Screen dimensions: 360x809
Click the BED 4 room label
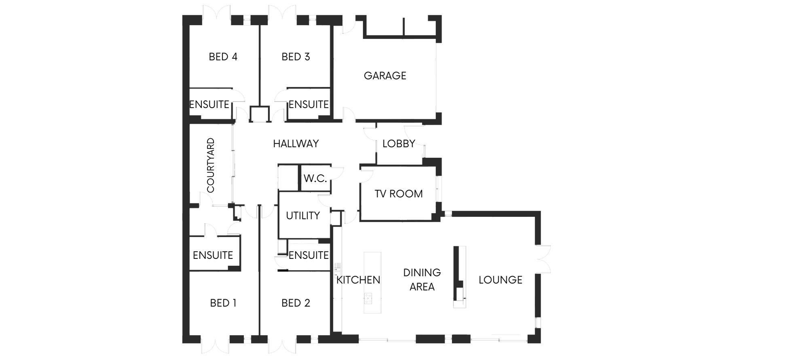click(x=223, y=57)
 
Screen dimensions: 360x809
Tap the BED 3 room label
click(x=296, y=57)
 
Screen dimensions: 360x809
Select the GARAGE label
click(x=385, y=76)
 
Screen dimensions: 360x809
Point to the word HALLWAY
click(x=296, y=144)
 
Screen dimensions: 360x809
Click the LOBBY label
click(x=398, y=144)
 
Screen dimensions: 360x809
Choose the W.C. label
click(x=315, y=178)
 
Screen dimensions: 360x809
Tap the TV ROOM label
click(x=398, y=194)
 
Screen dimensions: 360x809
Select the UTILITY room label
click(x=303, y=216)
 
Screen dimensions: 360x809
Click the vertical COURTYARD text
click(x=211, y=165)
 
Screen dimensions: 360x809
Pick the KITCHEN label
click(x=358, y=280)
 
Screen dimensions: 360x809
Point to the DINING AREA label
click(x=422, y=280)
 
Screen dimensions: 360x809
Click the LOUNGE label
click(x=500, y=280)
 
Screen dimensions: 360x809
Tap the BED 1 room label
click(x=223, y=303)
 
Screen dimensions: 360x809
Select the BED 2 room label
click(x=296, y=303)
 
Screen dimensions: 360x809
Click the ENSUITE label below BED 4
click(x=209, y=104)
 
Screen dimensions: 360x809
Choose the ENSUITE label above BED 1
click(x=213, y=255)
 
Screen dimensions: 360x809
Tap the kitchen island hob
click(x=368, y=298)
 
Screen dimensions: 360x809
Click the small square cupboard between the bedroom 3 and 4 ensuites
click(x=259, y=114)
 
